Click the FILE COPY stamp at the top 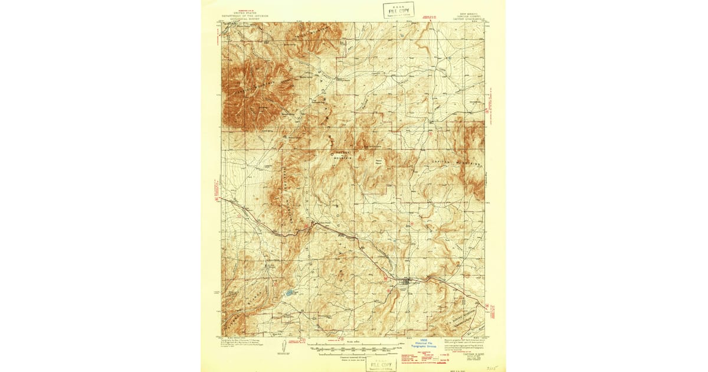coord(398,10)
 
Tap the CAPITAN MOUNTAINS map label coord(458,162)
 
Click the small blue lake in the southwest coord(289,292)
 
